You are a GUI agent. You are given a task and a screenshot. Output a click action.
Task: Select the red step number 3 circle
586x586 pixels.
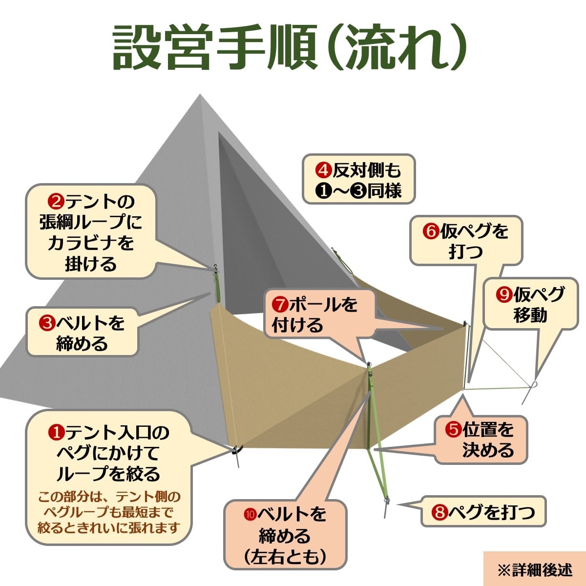pos(47,324)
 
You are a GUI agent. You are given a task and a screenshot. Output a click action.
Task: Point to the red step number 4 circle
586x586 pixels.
pos(323,170)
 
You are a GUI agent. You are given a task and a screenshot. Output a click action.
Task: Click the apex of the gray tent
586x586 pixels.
pos(200,94)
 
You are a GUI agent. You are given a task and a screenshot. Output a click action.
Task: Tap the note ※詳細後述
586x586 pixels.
pos(535,569)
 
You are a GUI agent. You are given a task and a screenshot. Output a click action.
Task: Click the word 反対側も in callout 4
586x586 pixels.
pos(367,170)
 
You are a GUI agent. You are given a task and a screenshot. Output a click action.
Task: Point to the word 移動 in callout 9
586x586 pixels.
pos(531,315)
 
